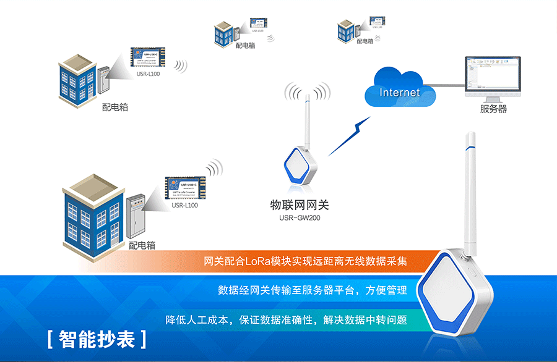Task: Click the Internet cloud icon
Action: [x=399, y=91]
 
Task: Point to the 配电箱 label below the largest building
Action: [x=142, y=245]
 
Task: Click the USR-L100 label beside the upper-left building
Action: [x=146, y=74]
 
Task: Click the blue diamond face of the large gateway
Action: [x=452, y=296]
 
